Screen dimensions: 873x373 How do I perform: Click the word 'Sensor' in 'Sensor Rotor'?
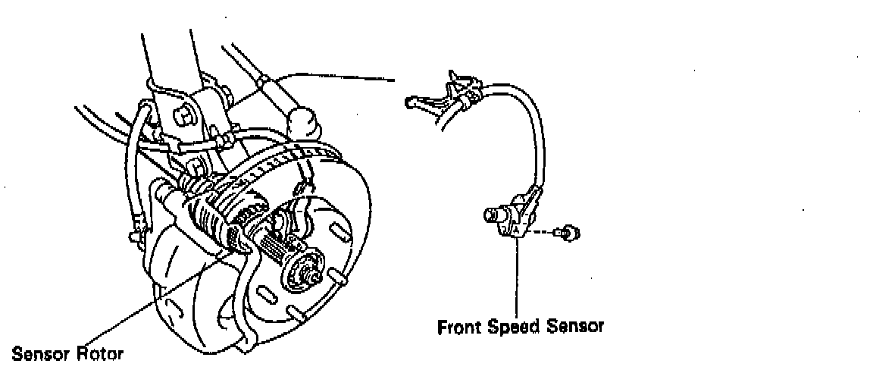coord(36,353)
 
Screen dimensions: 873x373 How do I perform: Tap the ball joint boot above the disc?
coord(303,121)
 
